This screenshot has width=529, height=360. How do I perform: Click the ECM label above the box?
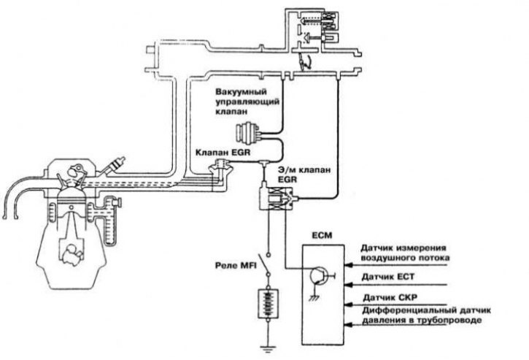322,235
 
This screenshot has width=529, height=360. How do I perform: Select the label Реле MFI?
236,266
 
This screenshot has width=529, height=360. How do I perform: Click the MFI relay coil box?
269,304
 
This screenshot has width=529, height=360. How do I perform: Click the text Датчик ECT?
388,277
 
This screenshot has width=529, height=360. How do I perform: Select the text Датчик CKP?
390,298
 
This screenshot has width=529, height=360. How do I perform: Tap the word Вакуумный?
242,92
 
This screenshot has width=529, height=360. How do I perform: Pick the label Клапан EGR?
223,153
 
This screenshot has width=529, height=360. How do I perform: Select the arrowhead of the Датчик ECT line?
348,285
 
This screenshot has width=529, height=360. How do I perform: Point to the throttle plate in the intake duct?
302,62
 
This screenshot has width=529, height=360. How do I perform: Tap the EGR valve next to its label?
220,166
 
